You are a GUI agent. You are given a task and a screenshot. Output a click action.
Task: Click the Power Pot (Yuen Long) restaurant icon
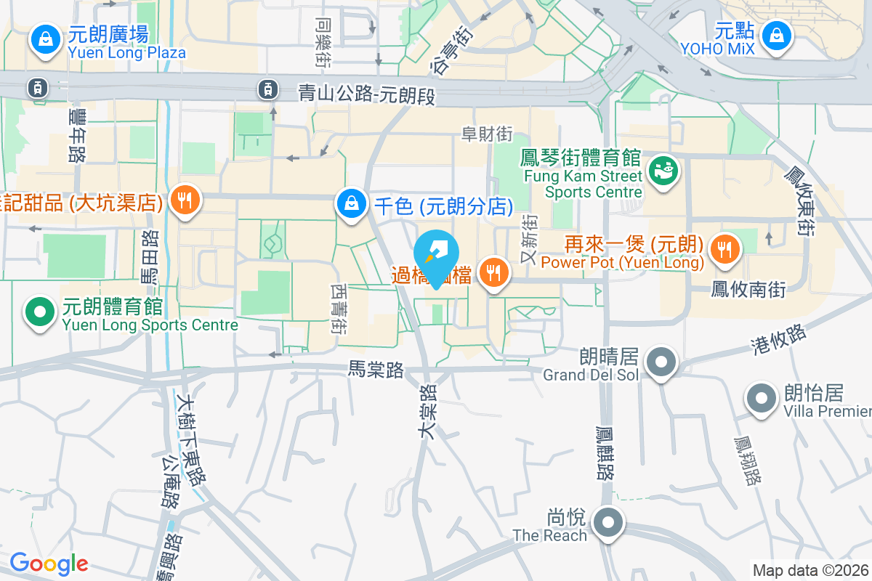tap(724, 248)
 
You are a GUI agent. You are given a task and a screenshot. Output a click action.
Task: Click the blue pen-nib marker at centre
tap(436, 255)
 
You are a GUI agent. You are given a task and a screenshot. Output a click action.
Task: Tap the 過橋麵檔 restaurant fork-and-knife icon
tap(494, 273)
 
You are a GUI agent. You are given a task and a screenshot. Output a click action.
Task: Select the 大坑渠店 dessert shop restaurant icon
tap(185, 200)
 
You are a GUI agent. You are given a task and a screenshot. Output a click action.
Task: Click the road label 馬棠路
tap(375, 370)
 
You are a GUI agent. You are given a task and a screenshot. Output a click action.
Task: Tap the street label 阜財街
tap(487, 134)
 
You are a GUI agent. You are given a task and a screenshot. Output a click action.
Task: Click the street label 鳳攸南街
tap(748, 290)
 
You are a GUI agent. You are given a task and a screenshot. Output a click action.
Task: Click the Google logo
tap(49, 564)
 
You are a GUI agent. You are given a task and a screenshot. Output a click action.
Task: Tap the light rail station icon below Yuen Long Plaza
tap(36, 88)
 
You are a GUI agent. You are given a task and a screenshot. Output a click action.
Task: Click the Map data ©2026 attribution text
tap(811, 570)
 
